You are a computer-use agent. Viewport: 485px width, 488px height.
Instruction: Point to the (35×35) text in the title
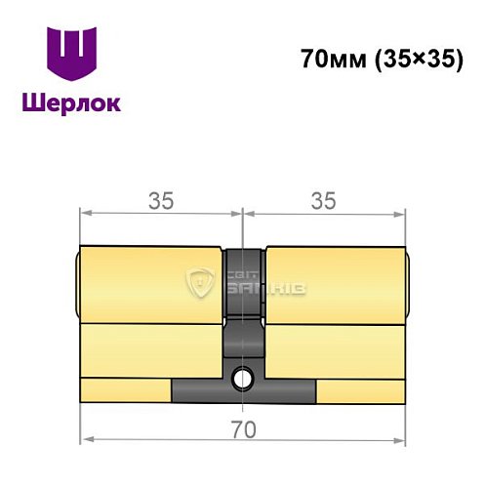click(x=415, y=60)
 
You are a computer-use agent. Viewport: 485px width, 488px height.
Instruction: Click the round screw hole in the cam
click(x=243, y=373)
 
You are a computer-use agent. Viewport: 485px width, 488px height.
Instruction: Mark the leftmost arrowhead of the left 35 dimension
click(x=86, y=214)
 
